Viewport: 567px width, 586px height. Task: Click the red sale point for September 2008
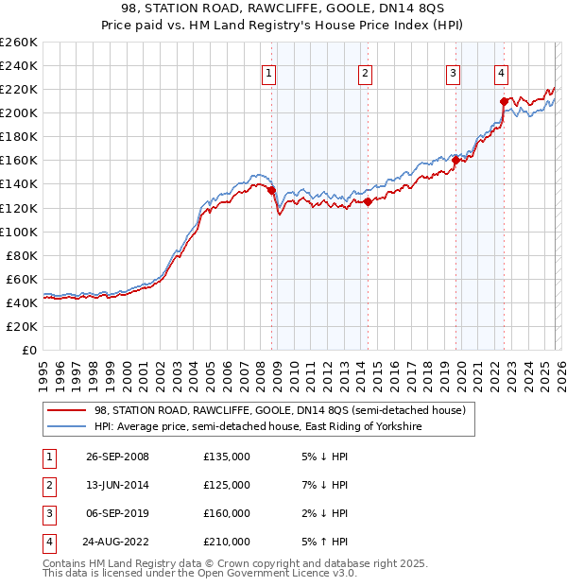[271, 190]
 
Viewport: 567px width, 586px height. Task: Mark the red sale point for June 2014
[368, 201]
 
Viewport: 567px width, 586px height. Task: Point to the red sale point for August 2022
[504, 101]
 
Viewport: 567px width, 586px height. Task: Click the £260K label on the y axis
[18, 43]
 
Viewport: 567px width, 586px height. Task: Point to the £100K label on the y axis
[18, 232]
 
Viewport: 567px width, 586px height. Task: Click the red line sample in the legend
[66, 411]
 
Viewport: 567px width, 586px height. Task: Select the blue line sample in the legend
[66, 427]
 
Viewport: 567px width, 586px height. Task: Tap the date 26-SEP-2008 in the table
[117, 457]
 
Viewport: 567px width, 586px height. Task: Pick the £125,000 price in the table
[227, 485]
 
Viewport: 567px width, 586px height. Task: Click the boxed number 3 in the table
[47, 513]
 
